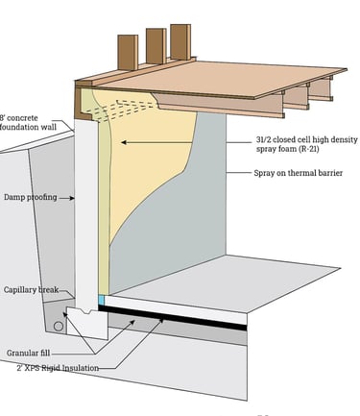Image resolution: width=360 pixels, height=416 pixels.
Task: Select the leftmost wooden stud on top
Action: (127, 56)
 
